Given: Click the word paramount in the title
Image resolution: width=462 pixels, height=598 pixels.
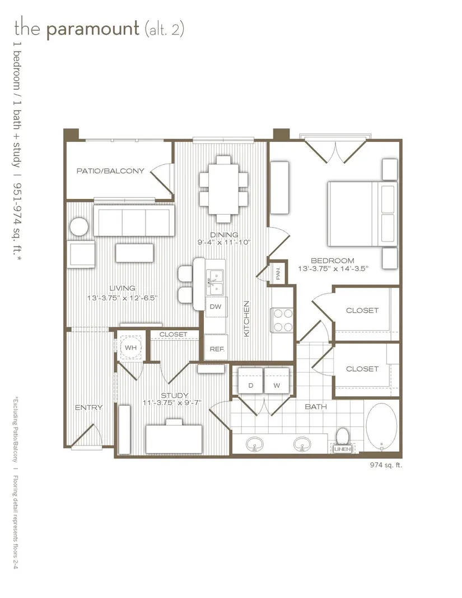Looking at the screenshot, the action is pyautogui.click(x=92, y=29).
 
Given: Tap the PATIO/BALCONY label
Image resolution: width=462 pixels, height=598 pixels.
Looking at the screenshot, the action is pyautogui.click(x=110, y=171).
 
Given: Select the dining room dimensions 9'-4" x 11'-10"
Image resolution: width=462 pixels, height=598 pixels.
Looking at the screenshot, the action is pyautogui.click(x=224, y=243).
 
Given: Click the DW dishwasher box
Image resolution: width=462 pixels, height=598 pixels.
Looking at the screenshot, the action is pyautogui.click(x=216, y=307).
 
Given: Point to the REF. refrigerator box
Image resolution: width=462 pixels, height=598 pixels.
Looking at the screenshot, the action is pyautogui.click(x=217, y=348).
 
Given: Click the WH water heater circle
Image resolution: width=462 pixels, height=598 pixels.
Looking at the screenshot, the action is pyautogui.click(x=130, y=347).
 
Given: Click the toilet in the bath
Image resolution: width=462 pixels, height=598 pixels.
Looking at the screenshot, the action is pyautogui.click(x=342, y=436).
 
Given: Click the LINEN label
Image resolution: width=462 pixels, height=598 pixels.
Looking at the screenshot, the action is pyautogui.click(x=342, y=449).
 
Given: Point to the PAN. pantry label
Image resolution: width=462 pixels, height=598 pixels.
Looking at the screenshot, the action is pyautogui.click(x=278, y=273).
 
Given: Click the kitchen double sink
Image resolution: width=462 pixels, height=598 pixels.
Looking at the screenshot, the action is pyautogui.click(x=215, y=282).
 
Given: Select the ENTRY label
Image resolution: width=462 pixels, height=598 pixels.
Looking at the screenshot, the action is pyautogui.click(x=89, y=407).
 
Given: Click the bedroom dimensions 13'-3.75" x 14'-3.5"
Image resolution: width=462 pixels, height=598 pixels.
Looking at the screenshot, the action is pyautogui.click(x=333, y=268).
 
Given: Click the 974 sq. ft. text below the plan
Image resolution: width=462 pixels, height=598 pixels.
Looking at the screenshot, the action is pyautogui.click(x=386, y=465).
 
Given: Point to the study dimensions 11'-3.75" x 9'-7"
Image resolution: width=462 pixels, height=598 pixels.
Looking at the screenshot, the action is pyautogui.click(x=172, y=402).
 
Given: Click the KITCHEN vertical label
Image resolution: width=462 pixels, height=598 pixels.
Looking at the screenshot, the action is pyautogui.click(x=246, y=318).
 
